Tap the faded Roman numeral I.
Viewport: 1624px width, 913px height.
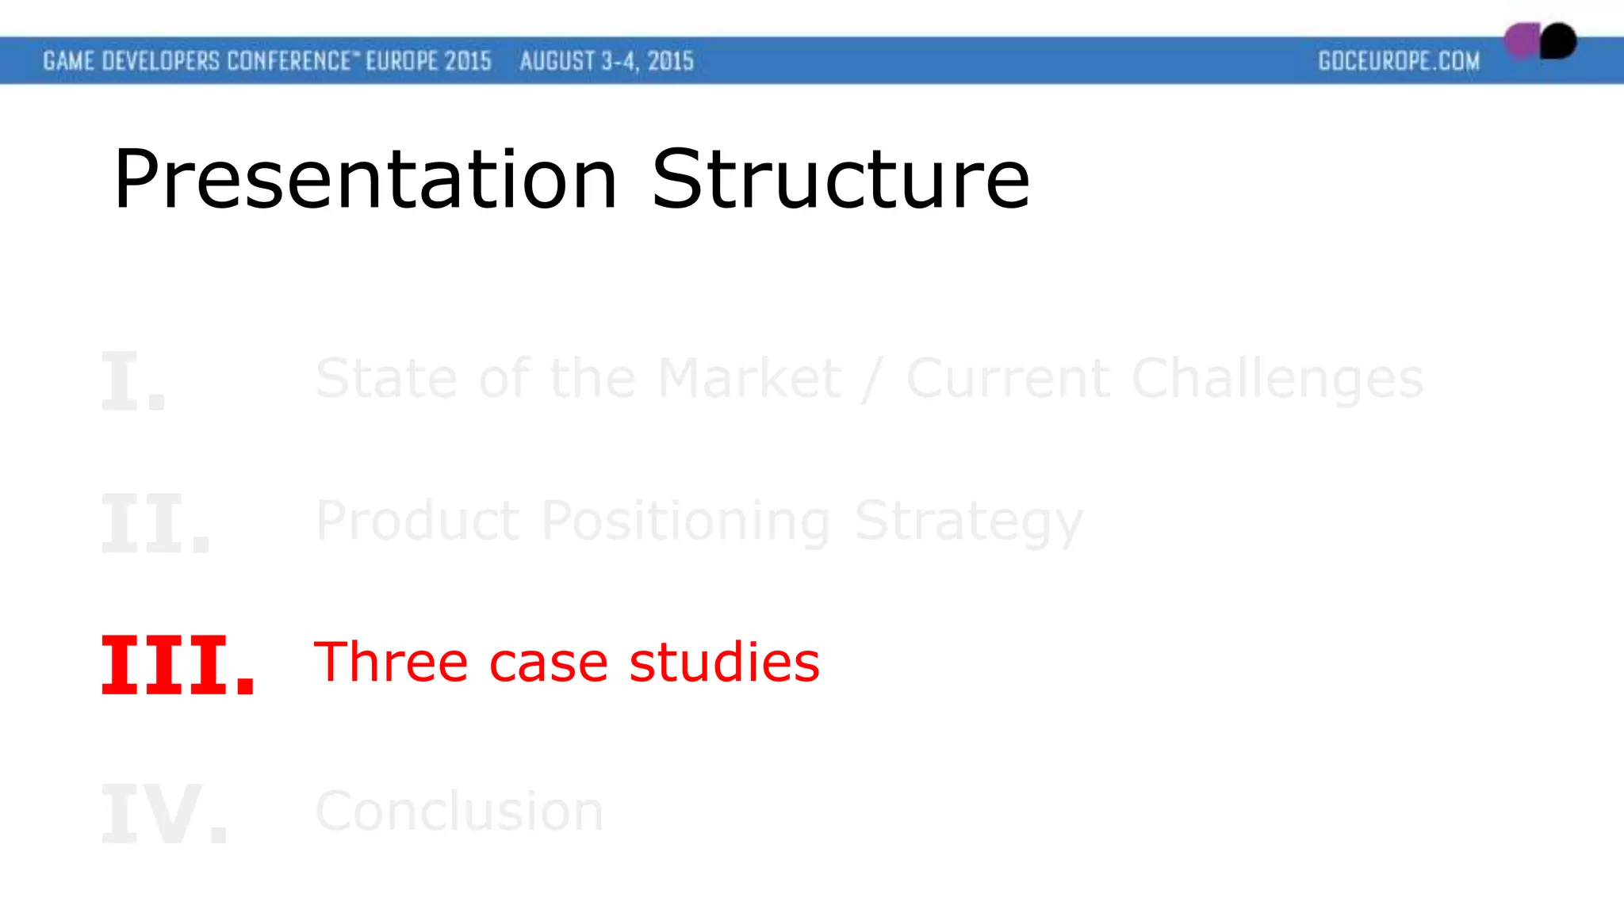point(133,381)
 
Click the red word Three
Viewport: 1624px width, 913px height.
point(391,662)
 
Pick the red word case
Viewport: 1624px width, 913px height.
point(548,663)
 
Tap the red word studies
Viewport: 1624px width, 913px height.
point(724,662)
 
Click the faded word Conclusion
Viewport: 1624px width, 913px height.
point(459,811)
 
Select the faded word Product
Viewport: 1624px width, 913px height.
point(417,521)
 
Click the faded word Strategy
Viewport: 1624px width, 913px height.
point(968,522)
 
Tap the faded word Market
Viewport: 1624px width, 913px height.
point(749,378)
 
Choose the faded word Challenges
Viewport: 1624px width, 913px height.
point(1277,380)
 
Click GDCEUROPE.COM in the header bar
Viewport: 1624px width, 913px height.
point(1399,61)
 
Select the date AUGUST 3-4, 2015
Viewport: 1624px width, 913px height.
point(607,61)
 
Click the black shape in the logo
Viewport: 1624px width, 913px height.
point(1559,40)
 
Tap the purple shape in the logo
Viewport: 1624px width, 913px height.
point(1520,40)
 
